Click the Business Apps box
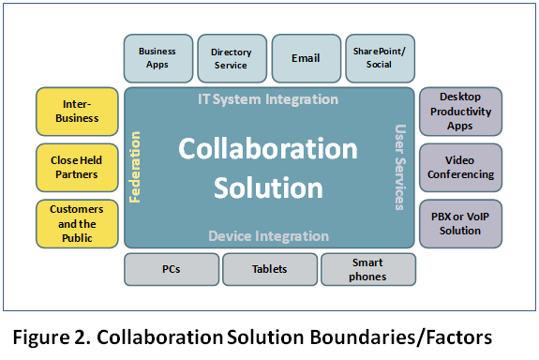click(157, 58)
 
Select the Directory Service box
click(231, 58)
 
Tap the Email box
click(306, 58)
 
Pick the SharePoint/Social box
click(380, 58)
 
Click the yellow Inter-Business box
click(77, 112)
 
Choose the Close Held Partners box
click(77, 168)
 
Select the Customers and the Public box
click(77, 223)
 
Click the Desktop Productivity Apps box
click(459, 112)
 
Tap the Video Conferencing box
click(459, 168)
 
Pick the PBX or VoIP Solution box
click(459, 223)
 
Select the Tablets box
click(269, 270)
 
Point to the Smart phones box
click(367, 270)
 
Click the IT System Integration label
click(268, 99)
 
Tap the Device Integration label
click(268, 236)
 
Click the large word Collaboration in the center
click(268, 149)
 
